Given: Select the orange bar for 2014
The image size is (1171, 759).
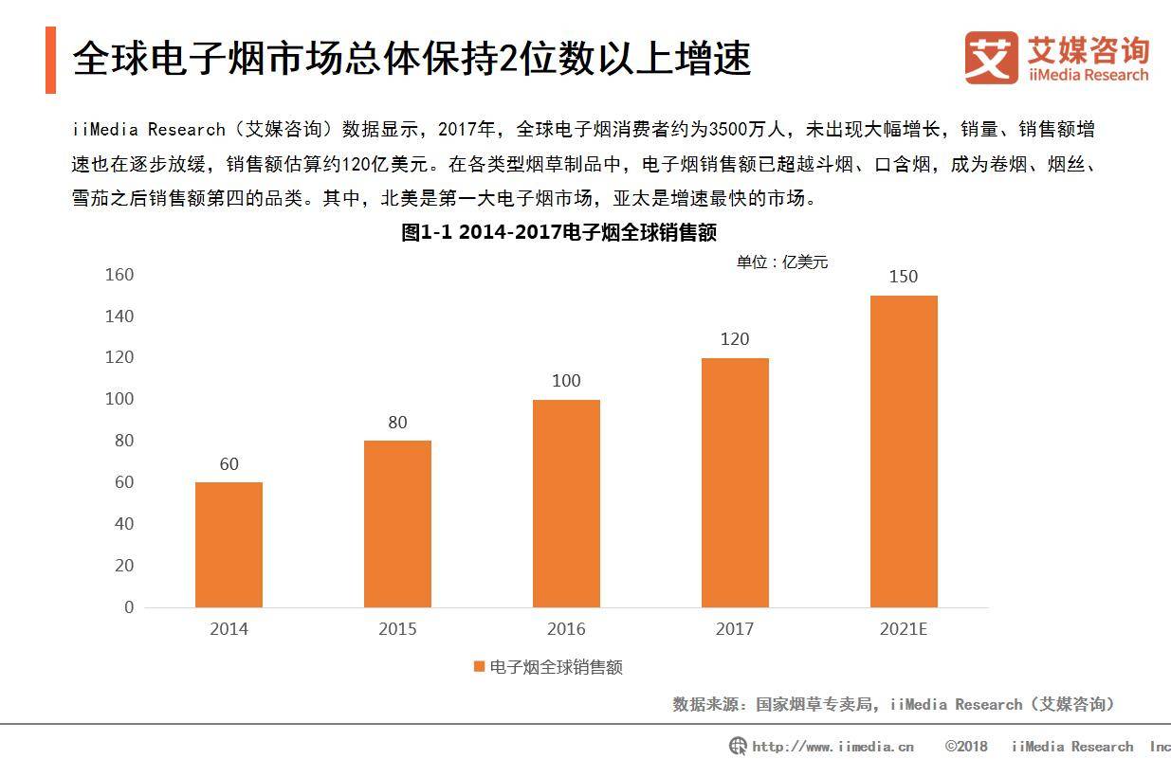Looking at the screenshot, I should coord(229,545).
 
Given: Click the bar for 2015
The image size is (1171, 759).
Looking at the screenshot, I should coord(397,524).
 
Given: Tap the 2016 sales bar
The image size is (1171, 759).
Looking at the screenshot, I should coord(566,503).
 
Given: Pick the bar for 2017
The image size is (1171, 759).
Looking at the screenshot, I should coord(735,482).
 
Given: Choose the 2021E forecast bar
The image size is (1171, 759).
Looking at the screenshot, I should coord(904,451).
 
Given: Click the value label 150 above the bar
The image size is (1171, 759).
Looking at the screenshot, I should coord(904,277).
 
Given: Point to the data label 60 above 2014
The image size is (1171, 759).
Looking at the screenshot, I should coord(229,464).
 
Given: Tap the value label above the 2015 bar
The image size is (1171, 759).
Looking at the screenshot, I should coord(397,423).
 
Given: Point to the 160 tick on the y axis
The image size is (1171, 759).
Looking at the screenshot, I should coord(119,275).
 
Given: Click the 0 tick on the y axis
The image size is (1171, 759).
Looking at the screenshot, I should coord(129,607).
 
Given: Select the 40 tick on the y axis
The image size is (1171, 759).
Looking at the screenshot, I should coord(124,524).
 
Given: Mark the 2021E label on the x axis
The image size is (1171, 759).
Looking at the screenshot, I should coord(904,629).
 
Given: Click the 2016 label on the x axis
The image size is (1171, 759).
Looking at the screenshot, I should coord(566,629).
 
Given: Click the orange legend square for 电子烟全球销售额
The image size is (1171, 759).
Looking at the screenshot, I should coord(479,666).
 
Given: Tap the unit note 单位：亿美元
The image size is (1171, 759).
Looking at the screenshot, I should coord(782,262).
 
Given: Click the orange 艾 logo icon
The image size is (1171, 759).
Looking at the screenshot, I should coord(992,57).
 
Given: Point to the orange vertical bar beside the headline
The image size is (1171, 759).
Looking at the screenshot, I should coord(50,60).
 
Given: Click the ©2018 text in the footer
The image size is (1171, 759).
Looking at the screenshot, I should coord(966,747).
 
